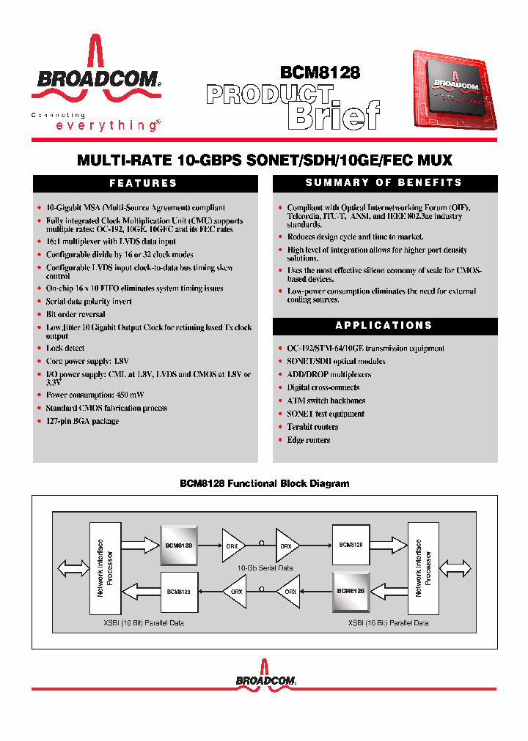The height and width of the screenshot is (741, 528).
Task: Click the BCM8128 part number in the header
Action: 320,72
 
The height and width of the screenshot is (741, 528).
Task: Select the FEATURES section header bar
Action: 144,183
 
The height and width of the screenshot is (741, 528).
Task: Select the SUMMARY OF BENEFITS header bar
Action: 384,183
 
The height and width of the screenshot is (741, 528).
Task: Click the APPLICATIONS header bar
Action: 384,325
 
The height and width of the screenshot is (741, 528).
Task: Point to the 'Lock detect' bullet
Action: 65,349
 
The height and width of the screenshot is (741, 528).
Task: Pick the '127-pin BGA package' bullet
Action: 82,422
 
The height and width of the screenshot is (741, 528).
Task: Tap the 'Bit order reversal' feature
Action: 76,315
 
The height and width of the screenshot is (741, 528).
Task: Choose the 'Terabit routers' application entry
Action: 312,427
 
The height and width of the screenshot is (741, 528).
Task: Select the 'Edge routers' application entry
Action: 308,440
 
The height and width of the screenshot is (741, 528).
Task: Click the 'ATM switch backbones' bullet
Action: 326,401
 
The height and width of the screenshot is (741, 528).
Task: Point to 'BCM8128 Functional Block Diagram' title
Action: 264,484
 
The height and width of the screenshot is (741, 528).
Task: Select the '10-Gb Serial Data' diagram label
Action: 264,568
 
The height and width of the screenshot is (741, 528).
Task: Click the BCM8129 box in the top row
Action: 351,545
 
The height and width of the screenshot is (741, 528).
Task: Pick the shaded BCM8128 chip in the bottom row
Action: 351,590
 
